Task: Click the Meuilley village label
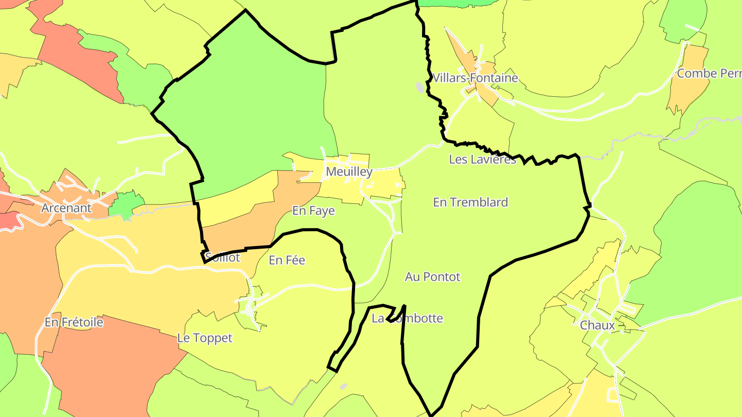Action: point(349,172)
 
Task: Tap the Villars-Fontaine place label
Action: point(475,78)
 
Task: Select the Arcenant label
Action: point(66,208)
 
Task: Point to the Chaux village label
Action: point(597,325)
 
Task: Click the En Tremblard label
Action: point(470,202)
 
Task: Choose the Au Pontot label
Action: point(432,277)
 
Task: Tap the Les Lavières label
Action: point(482,160)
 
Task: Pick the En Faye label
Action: point(313,211)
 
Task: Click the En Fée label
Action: point(287,260)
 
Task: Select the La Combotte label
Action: point(407,318)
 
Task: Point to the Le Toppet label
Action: point(205,338)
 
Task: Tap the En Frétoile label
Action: point(74,322)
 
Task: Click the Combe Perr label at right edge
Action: point(709,74)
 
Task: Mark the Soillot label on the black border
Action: point(223,257)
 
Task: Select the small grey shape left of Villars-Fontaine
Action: point(420,87)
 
